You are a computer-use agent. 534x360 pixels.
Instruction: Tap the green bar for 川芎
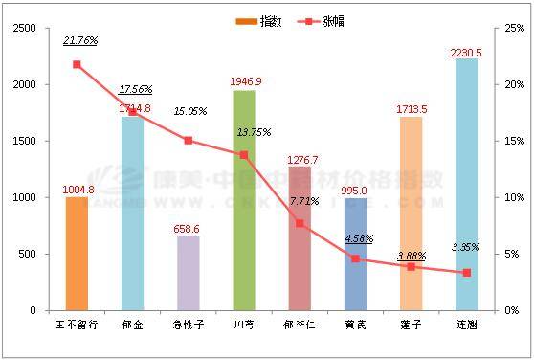[243, 200]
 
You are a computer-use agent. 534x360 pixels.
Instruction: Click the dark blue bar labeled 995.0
[355, 254]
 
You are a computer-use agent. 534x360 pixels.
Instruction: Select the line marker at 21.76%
[77, 64]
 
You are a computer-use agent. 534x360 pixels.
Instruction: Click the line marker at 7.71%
[300, 223]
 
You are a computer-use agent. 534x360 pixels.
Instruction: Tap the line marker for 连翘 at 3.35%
[466, 272]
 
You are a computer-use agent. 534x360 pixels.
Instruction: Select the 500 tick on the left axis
[28, 254]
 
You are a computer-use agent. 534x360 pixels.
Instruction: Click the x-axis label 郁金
[132, 325]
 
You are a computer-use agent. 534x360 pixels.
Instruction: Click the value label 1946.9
[246, 82]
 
